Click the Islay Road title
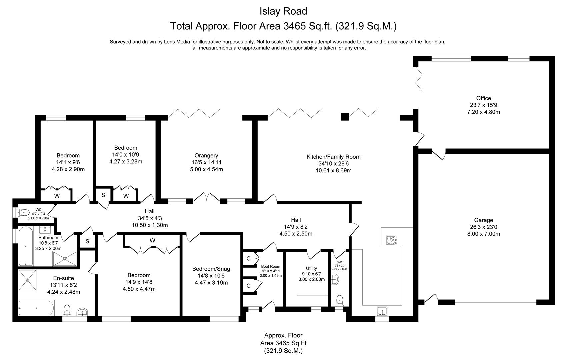[283, 11]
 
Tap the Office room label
[483, 98]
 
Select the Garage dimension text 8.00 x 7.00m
[483, 234]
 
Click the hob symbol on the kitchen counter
[391, 240]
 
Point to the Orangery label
[206, 155]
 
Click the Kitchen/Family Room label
[333, 157]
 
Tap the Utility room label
[311, 268]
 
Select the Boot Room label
[270, 266]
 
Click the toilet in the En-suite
[67, 310]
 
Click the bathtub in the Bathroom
[26, 246]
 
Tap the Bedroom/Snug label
[211, 269]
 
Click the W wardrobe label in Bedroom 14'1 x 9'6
[57, 196]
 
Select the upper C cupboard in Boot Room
[248, 258]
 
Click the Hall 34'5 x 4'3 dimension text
[150, 218]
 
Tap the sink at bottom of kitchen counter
[382, 311]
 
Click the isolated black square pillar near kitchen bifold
[345, 116]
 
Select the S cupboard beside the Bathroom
[87, 241]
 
